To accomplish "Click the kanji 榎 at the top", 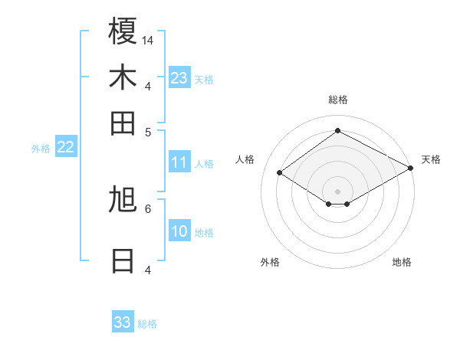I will click(123, 31).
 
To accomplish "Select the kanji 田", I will click(123, 122).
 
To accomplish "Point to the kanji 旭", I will click(123, 200).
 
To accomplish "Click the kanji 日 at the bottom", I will click(123, 260).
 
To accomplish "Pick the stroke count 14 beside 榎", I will click(148, 40).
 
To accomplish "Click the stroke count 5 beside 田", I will click(148, 131).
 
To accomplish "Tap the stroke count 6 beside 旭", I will click(148, 208).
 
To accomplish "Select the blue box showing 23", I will click(179, 78).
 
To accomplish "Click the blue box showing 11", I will click(179, 162).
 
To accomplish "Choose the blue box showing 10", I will click(179, 231).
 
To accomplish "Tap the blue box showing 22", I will click(65, 147).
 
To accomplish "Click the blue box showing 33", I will click(123, 322).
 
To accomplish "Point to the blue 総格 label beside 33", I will click(147, 324).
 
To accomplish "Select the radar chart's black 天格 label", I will click(431, 159).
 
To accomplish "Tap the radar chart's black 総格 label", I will click(337, 100).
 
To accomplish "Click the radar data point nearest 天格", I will click(411, 169).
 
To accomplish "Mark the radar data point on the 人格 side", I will click(280, 173).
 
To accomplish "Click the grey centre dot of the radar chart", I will click(337, 191).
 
